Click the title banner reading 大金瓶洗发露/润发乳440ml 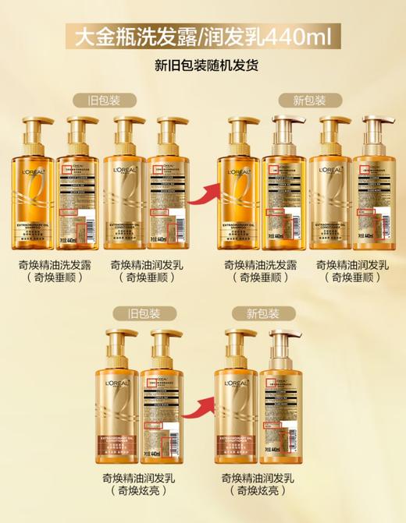[x=203, y=36]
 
